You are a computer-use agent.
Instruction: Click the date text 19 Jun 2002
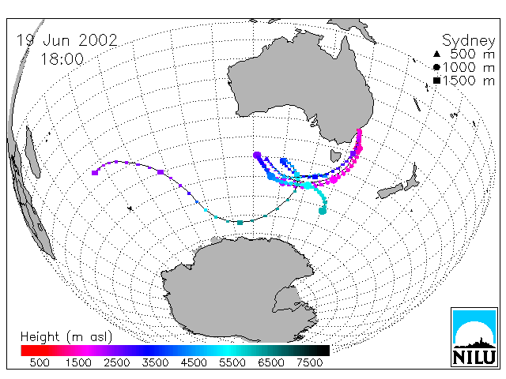point(66,40)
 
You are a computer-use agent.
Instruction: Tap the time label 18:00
point(62,59)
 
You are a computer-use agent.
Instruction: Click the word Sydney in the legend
point(468,41)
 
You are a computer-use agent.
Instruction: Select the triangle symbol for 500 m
point(436,54)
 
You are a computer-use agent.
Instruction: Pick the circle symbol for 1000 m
point(436,67)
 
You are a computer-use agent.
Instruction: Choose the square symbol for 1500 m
point(436,81)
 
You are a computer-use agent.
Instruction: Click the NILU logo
point(474,337)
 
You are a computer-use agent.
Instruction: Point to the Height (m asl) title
point(66,337)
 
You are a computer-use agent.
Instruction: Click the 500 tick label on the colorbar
point(40,363)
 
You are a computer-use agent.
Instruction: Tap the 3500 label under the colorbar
point(155,363)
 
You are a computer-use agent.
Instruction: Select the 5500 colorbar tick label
point(232,363)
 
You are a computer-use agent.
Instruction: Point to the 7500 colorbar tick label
point(309,363)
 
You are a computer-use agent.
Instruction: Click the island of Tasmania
point(335,156)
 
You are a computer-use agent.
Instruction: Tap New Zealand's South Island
point(390,191)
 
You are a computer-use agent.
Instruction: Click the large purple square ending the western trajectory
point(95,173)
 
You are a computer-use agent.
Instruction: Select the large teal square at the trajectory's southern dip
point(240,223)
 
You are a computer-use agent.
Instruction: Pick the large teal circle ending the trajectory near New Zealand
point(323,211)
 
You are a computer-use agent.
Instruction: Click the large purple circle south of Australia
point(257,156)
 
